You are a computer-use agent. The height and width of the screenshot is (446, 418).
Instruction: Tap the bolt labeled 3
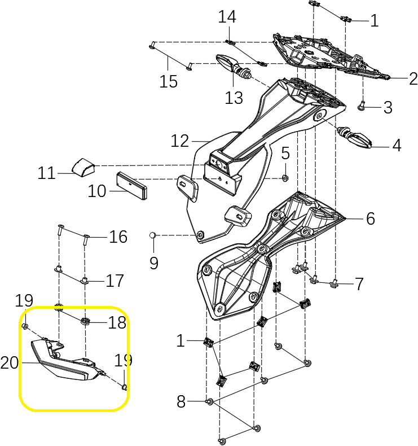pos(362,105)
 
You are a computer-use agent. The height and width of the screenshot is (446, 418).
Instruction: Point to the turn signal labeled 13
pos(232,63)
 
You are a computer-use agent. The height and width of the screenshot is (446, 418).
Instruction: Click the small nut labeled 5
pos(285,178)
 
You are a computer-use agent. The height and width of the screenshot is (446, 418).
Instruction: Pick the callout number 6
pos(370,219)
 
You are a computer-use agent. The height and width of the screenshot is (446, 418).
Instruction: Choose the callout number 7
pos(359,283)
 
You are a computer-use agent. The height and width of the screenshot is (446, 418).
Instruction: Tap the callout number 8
pos(181,402)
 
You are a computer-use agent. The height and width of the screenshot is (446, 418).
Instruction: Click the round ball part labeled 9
pos(153,235)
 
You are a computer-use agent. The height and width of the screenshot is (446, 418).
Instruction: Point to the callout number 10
pos(97,191)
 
